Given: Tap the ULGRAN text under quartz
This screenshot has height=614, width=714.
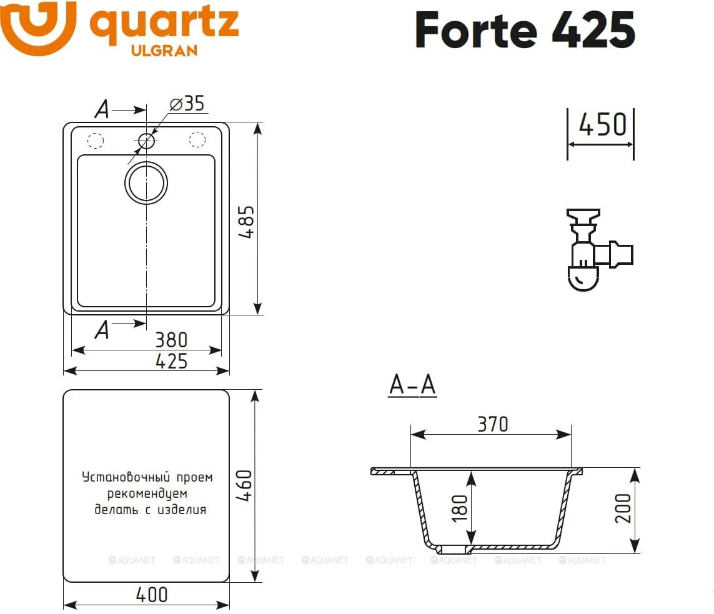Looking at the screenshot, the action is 164,51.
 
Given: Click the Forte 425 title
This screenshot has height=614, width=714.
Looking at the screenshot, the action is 525,29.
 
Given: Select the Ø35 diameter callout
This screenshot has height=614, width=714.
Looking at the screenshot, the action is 187,104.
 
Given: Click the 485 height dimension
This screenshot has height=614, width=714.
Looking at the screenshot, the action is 246,222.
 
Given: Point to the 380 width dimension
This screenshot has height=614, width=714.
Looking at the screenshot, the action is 171,340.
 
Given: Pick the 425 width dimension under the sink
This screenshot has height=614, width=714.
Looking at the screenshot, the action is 171,362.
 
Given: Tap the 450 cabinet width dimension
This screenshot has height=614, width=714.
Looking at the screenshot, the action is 602,125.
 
